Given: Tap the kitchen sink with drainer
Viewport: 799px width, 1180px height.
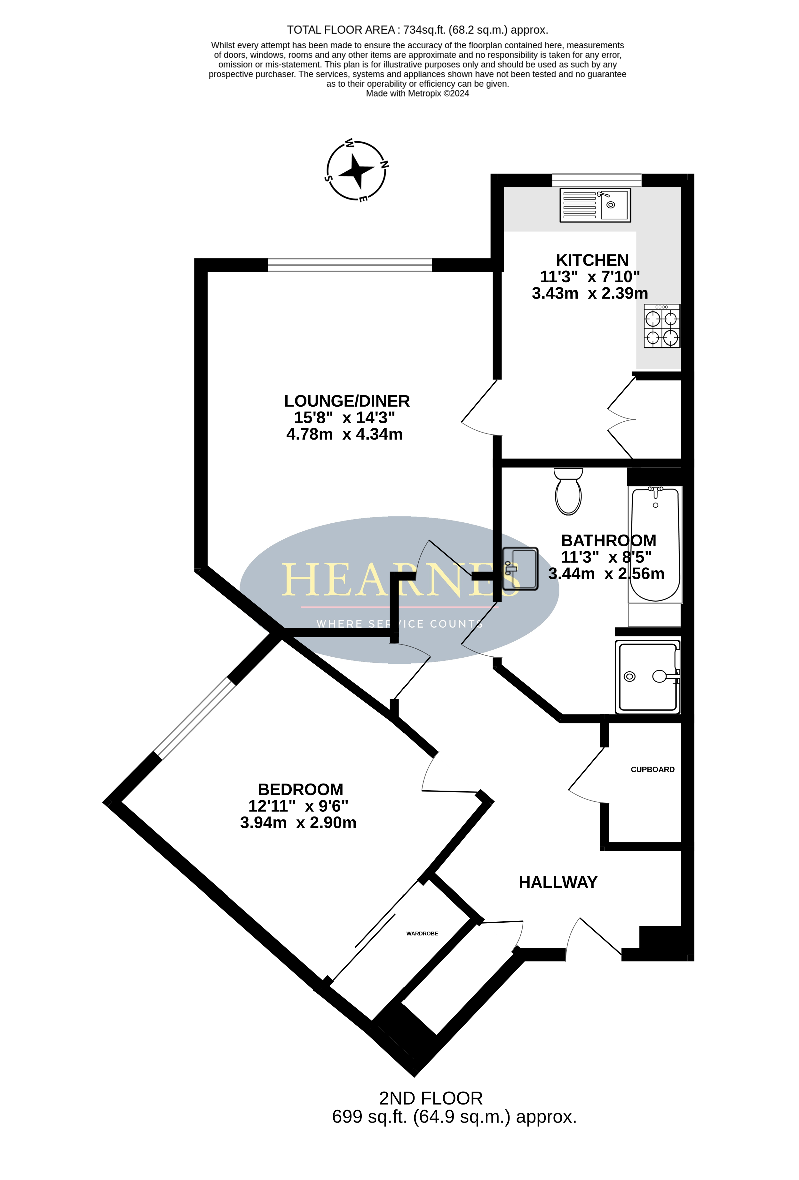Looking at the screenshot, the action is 595,205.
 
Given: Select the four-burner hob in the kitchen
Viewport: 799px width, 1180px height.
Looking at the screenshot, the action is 661,326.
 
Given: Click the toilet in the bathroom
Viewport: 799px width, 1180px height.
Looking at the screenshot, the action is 568,491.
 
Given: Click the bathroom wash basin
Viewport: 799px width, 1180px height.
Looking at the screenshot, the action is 520,569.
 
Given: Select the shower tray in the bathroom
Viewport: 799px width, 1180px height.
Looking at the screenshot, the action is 647,677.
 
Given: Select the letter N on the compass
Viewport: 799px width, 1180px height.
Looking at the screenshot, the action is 384,164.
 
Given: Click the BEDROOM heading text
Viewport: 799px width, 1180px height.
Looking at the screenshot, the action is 300,790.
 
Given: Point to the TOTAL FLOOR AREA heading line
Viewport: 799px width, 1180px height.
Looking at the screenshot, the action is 417,30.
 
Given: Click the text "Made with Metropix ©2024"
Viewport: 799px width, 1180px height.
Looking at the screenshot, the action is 417,93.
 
